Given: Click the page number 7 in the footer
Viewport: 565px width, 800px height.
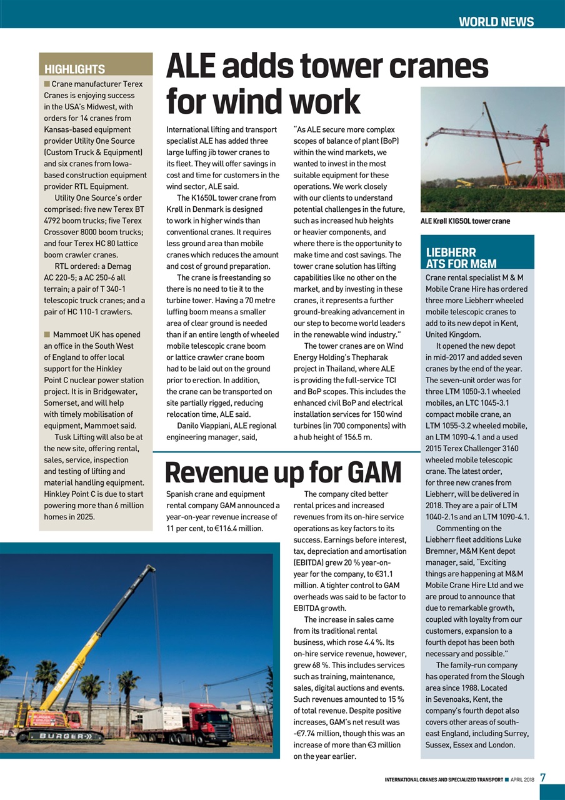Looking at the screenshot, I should [543, 777].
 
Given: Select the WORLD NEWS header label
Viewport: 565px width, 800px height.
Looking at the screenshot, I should [496, 22].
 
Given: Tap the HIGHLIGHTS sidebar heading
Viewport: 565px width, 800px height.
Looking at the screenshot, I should [74, 69].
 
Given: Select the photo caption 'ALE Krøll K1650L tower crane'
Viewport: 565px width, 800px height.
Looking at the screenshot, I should [465, 221].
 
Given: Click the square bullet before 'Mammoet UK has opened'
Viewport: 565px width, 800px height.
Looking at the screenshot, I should [47, 334].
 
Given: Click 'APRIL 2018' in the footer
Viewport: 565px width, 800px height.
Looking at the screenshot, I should [522, 779].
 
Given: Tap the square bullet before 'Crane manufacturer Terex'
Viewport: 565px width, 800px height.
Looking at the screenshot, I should [47, 84].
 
